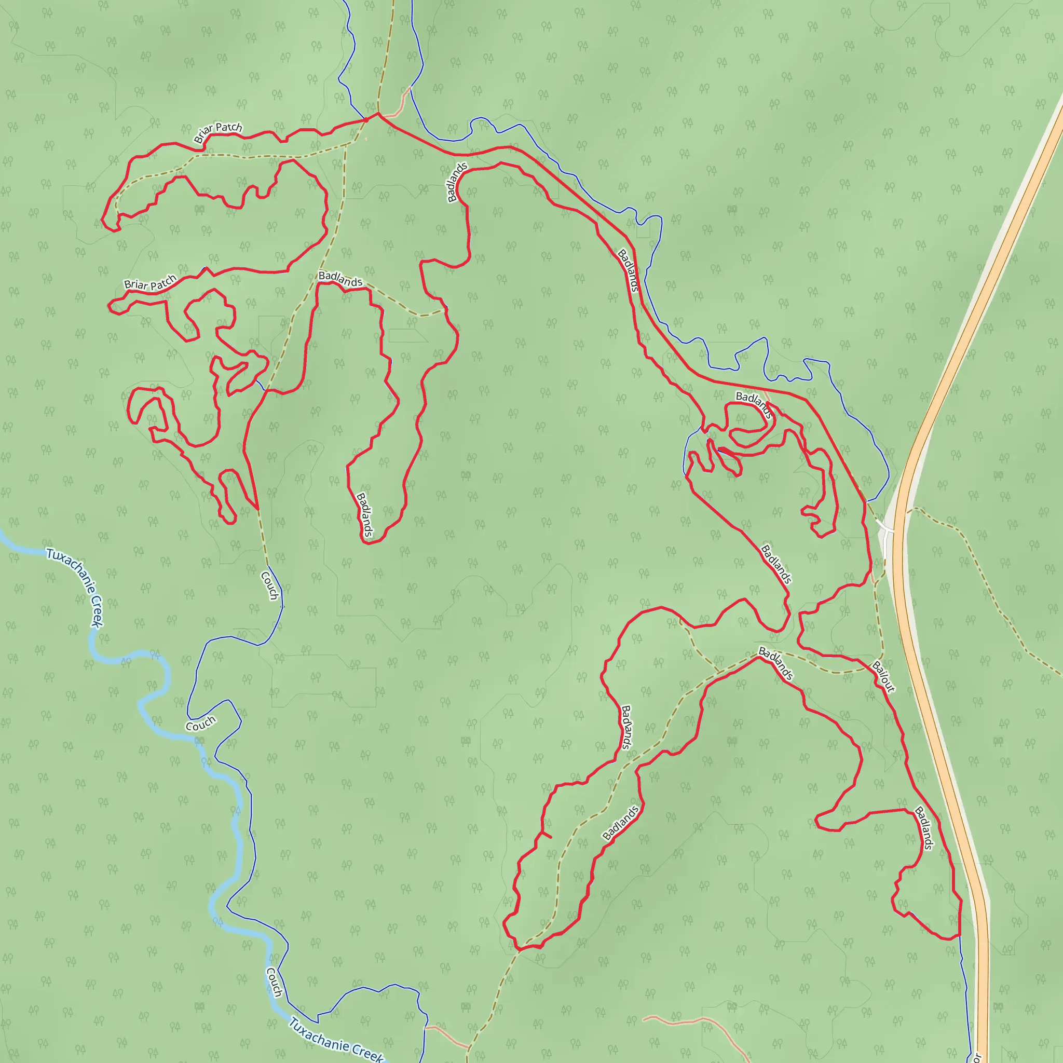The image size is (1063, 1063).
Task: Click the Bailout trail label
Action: click(883, 676)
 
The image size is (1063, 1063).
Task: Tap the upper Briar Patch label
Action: click(218, 132)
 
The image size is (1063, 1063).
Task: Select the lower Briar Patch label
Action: click(149, 283)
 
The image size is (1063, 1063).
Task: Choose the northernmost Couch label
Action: click(269, 585)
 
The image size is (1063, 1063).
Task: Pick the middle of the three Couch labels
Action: click(201, 724)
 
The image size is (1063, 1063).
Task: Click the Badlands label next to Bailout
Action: click(776, 663)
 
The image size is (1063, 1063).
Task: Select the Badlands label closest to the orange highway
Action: click(924, 828)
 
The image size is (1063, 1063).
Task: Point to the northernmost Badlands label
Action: click(457, 182)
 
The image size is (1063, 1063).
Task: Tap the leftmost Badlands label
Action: click(340, 279)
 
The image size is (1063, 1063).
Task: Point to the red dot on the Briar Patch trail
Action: click(366, 120)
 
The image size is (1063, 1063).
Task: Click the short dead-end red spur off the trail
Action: click(547, 835)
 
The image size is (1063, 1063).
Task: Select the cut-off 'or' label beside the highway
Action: click(977, 1057)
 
